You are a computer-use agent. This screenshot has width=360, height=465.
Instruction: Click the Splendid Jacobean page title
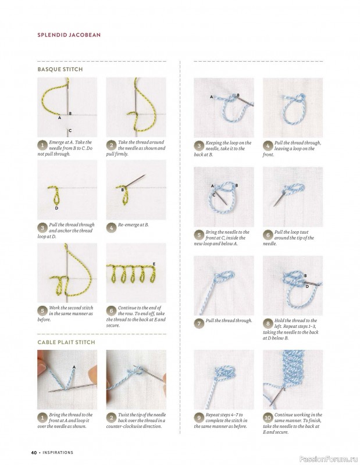(x=69, y=35)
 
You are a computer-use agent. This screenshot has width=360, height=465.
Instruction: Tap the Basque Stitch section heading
(x=60, y=69)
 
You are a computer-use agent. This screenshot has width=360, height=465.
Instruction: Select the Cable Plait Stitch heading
(x=66, y=342)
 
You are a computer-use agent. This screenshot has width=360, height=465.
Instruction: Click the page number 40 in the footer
(x=34, y=453)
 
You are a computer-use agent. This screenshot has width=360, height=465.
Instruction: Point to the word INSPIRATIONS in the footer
(x=58, y=453)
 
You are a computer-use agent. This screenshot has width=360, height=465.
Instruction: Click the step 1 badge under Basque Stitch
(x=42, y=145)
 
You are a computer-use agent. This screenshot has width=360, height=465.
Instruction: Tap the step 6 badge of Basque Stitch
(x=111, y=311)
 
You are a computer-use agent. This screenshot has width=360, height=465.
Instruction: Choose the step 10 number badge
(x=268, y=417)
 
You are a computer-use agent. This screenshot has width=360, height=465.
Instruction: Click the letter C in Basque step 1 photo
(x=70, y=130)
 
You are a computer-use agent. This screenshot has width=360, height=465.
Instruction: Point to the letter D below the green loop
(x=56, y=208)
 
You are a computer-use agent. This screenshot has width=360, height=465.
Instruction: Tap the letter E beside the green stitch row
(x=154, y=264)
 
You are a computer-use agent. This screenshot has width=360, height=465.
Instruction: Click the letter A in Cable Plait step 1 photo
(x=74, y=367)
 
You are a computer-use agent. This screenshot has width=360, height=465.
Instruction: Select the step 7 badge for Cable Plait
(x=199, y=323)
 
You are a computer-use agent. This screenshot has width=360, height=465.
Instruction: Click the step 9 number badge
(x=199, y=417)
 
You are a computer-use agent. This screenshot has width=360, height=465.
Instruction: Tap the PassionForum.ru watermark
(x=329, y=459)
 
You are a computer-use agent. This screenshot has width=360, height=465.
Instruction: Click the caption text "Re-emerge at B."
(x=133, y=225)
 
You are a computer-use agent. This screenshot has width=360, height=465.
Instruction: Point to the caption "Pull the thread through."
(x=229, y=321)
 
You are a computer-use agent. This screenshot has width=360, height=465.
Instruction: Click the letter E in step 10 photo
(x=284, y=389)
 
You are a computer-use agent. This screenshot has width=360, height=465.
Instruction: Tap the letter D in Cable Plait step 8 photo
(x=308, y=286)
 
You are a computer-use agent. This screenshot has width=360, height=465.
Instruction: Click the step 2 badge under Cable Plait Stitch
(x=111, y=417)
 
